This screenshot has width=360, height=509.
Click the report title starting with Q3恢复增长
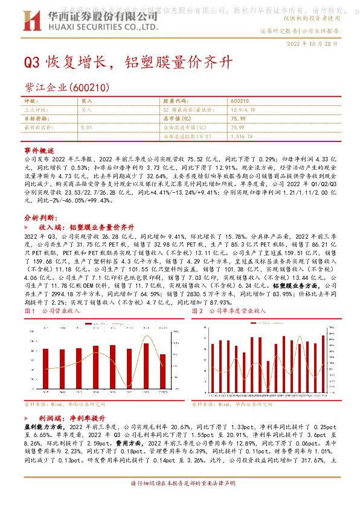127,62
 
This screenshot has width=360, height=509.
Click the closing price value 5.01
86,128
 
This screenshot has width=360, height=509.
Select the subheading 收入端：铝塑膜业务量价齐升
82,225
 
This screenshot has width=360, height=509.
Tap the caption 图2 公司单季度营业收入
228,310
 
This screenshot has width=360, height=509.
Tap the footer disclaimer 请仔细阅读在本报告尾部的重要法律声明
179,501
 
